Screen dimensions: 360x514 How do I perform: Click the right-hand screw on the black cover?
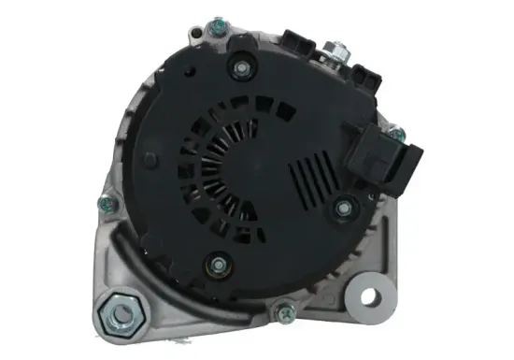click(343, 208)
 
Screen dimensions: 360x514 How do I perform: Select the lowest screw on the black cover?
click(218, 266)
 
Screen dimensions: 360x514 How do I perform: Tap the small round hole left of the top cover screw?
click(192, 69)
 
